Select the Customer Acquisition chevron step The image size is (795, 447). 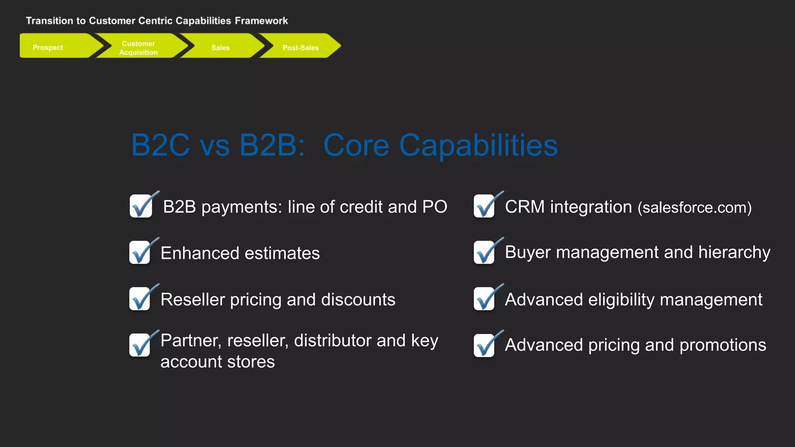pos(139,48)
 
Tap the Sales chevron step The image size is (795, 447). pos(220,47)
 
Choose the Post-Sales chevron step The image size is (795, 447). pos(300,47)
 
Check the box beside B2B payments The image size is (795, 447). pos(141,206)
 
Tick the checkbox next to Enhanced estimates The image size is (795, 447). pos(140,253)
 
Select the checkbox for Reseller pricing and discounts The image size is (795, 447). pos(140,299)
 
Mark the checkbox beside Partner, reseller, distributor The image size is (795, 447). pos(140,345)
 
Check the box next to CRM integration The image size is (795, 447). pos(484,206)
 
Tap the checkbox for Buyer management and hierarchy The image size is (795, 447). pos(484,253)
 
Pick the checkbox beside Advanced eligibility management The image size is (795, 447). pos(484,299)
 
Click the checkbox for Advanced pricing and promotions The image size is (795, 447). pos(484,345)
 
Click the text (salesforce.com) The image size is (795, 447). pos(695,208)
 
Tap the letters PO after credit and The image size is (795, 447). pos(435,207)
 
